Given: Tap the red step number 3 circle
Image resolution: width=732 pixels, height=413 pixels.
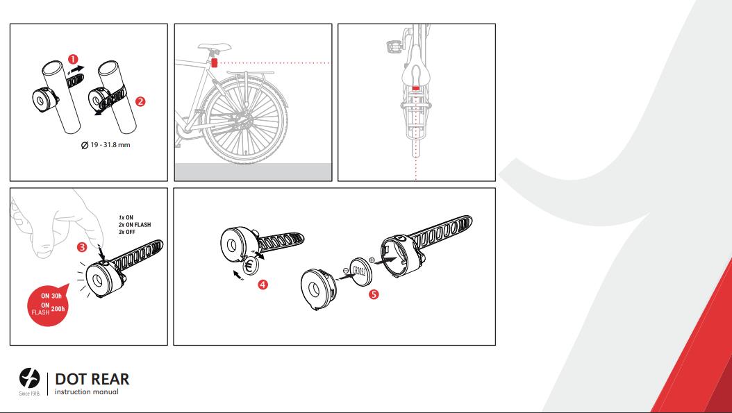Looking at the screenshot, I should click(82, 246).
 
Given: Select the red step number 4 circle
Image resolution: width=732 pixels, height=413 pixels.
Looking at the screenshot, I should click(263, 284).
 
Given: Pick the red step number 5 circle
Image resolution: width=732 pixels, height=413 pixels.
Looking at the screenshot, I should click(374, 294).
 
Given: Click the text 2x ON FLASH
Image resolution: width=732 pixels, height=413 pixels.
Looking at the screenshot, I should click(134, 225).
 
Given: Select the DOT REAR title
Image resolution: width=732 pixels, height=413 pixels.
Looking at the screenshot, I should click(92, 379).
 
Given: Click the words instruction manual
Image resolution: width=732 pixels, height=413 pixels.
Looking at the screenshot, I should click(86, 392).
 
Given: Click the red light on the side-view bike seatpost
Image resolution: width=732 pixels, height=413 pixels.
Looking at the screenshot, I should click(215, 62).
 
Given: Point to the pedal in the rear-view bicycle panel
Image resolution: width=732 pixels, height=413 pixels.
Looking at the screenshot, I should click(392, 47).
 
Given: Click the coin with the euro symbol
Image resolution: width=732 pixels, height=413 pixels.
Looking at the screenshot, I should click(249, 267).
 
